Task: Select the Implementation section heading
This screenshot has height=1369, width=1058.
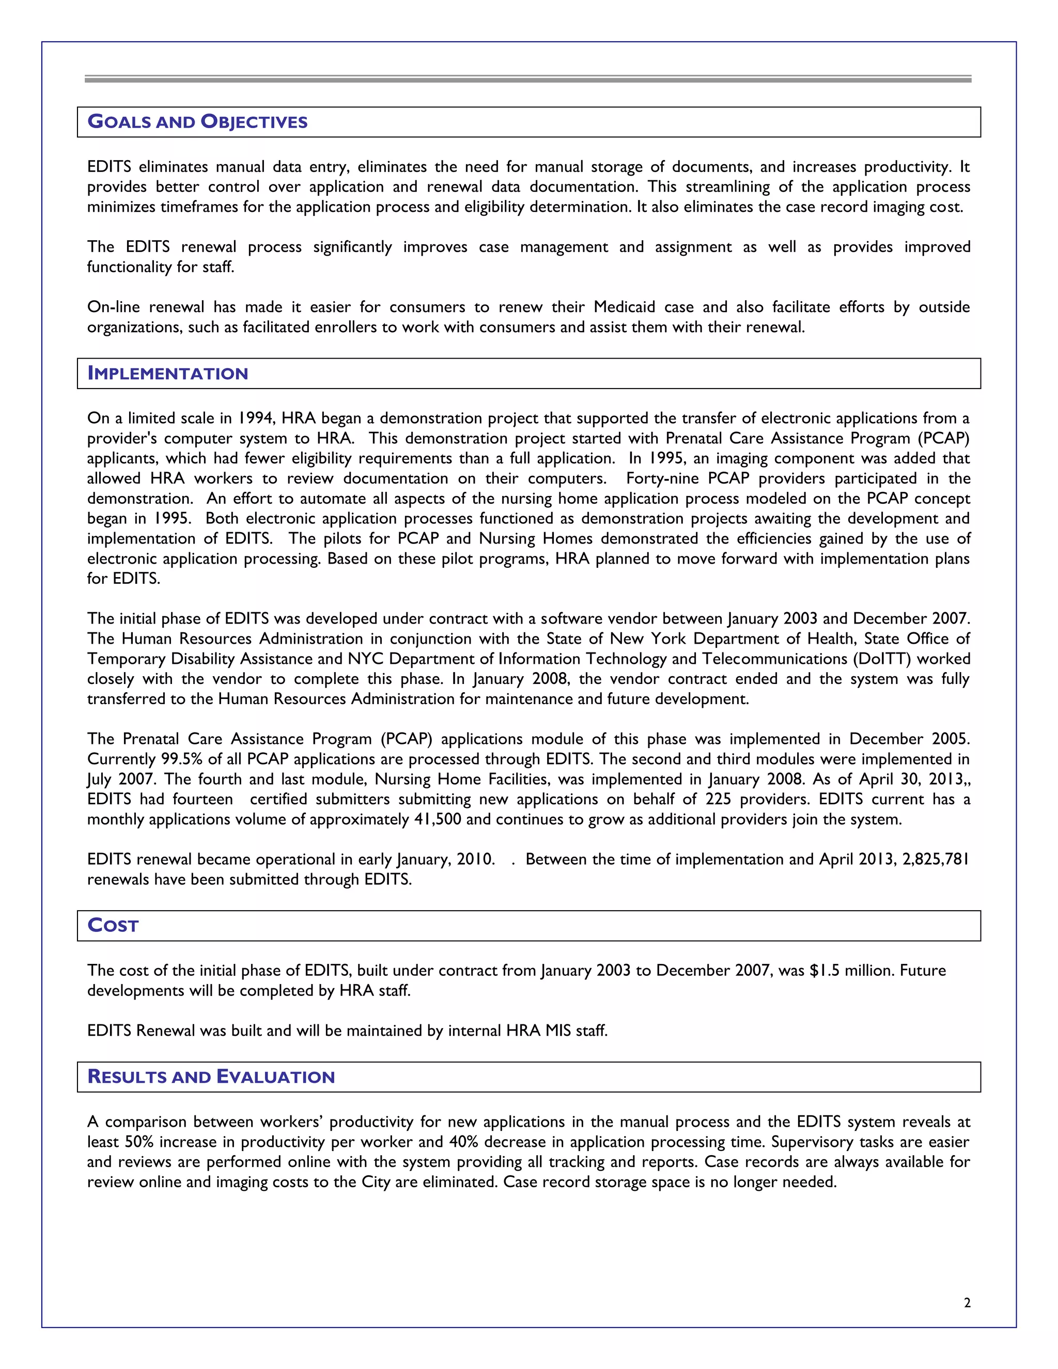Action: [168, 374]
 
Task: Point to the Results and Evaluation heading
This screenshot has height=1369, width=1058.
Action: [211, 1077]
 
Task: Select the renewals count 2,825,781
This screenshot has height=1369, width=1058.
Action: [935, 860]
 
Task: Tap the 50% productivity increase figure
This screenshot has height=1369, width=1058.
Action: [139, 1142]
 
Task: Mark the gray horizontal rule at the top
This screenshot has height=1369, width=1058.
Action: [528, 80]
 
